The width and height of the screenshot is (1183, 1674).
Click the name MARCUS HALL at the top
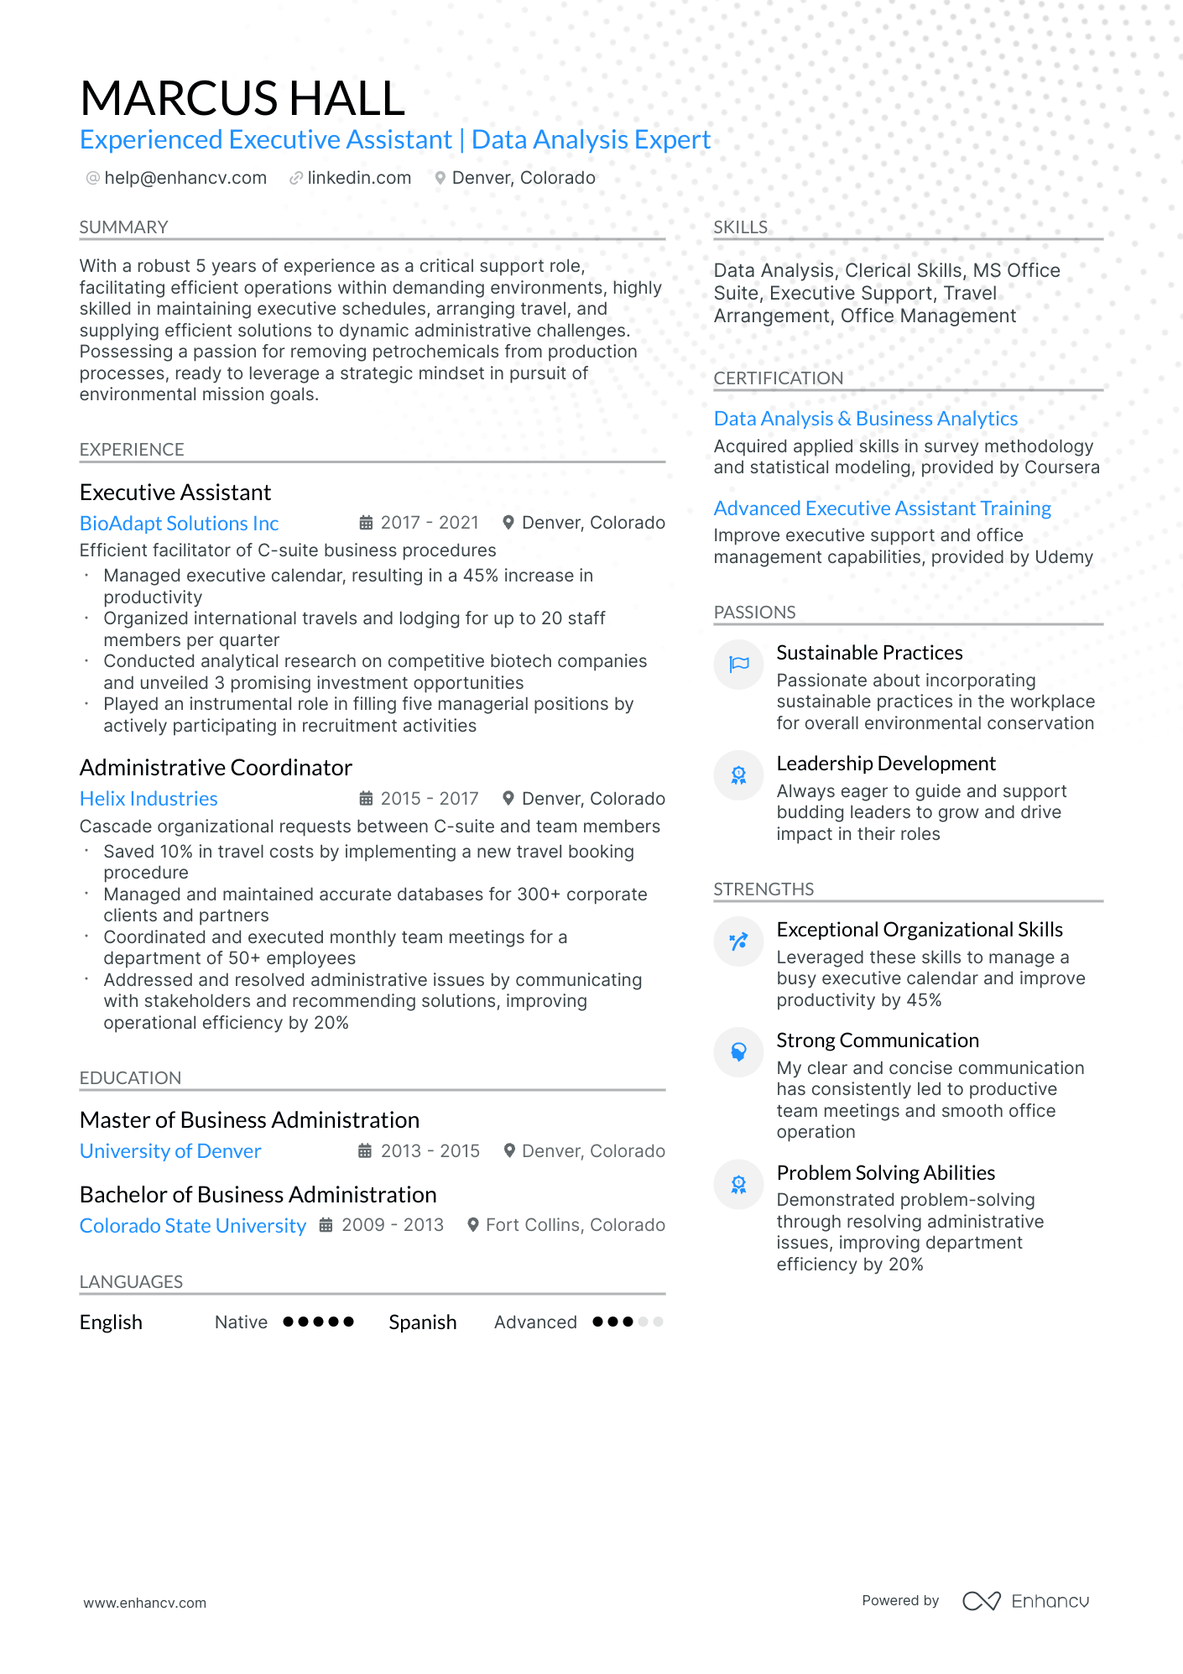242,98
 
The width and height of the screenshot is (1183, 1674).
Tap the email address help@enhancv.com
185,178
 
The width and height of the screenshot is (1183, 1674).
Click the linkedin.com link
359,178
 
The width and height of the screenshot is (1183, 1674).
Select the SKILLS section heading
740,227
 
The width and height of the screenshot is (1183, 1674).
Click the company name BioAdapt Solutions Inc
179,524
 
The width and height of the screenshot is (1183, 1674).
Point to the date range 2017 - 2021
429,523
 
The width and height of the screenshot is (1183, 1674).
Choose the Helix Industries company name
149,799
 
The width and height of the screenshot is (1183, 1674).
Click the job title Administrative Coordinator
216,768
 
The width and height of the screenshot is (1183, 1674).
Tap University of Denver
170,1151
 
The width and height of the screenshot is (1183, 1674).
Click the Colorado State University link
193,1226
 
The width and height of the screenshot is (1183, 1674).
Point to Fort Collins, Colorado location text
575,1225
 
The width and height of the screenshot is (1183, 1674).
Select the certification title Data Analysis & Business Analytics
865,419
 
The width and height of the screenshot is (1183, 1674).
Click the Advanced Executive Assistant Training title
882,508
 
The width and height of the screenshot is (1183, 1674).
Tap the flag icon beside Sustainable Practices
738,665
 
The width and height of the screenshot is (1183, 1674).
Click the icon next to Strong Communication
738,1052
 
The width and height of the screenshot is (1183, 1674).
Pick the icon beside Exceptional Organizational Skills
738,941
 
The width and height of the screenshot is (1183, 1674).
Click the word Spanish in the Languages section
422,1322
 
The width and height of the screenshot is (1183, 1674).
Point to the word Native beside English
241,1322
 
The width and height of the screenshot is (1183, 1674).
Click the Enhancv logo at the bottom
1025,1601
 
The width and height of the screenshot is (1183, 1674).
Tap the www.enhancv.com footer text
144,1603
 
